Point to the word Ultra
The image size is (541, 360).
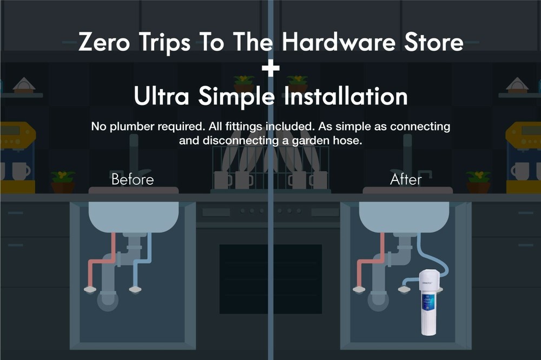click(162, 96)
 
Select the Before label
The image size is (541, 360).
click(133, 179)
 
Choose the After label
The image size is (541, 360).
click(406, 179)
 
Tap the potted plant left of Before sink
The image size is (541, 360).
click(63, 182)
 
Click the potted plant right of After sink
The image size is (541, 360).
click(478, 182)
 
